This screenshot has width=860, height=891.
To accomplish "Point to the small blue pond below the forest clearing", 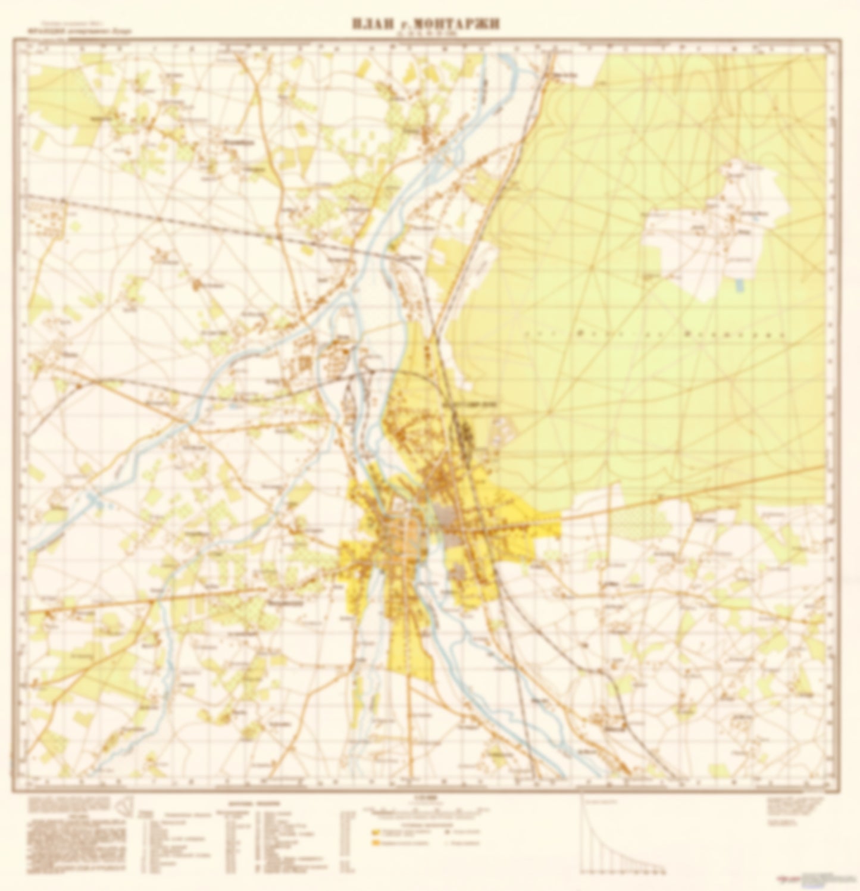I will (x=739, y=287).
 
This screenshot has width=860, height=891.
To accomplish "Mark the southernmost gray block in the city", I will (x=458, y=573).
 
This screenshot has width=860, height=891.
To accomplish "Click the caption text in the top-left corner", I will (x=60, y=30).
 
